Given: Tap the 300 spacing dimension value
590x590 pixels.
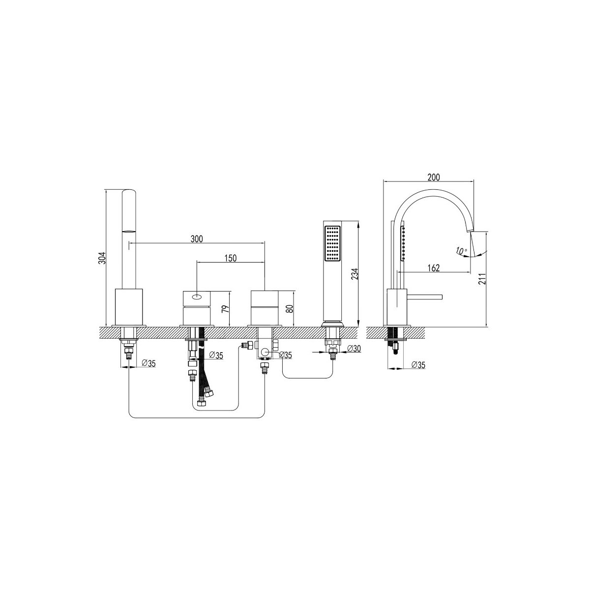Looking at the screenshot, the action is tap(197, 239).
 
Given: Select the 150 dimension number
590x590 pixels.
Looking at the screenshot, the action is tap(230, 258).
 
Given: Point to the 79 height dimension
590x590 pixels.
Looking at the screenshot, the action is tap(225, 308).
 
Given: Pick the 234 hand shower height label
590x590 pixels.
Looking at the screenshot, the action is tap(354, 274).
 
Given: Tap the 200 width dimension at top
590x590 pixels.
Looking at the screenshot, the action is tap(433, 177).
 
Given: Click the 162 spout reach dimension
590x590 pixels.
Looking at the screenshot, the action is tap(433, 268).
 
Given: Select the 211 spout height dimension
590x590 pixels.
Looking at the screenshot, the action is tap(482, 279).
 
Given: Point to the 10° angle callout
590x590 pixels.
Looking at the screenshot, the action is tap(461, 251).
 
